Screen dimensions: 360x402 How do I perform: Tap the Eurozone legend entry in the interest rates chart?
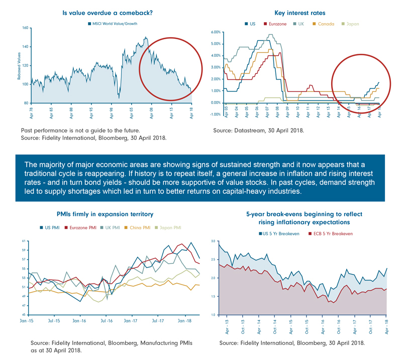(x=274, y=23)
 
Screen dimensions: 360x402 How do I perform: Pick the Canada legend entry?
(x=324, y=23)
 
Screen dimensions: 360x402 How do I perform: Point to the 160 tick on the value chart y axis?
(x=25, y=28)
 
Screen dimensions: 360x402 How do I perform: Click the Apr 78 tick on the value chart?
(x=31, y=111)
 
